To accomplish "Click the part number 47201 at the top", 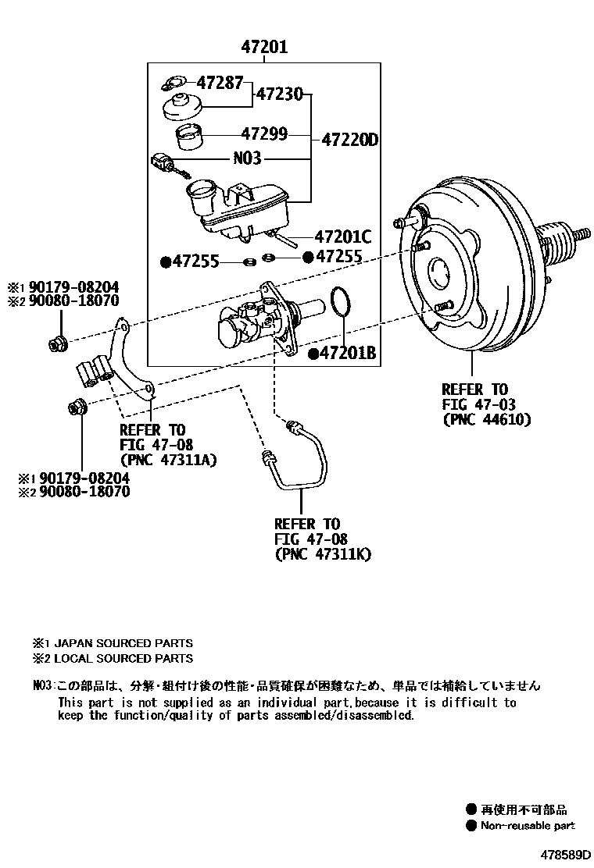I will tap(263, 48).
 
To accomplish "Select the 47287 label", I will tap(220, 82).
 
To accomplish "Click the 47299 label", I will tap(264, 134).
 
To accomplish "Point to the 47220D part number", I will tap(349, 141).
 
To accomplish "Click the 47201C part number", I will tap(343, 236).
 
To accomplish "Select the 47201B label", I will tap(348, 354).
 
